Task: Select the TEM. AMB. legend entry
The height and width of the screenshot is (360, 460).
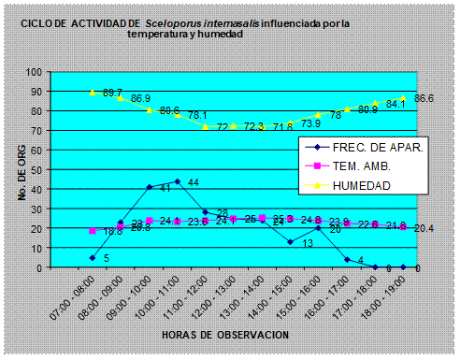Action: [x=367, y=166]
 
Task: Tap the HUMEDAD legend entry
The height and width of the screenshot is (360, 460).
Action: [x=366, y=184]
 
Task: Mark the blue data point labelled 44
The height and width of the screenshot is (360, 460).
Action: [x=177, y=181]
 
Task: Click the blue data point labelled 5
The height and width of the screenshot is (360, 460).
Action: [x=93, y=257]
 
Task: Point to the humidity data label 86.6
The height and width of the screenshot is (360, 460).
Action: [x=423, y=98]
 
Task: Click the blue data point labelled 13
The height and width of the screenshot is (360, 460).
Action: [x=290, y=242]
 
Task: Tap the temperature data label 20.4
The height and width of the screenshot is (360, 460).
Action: [x=423, y=227]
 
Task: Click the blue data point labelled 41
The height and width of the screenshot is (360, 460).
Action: [x=149, y=187]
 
